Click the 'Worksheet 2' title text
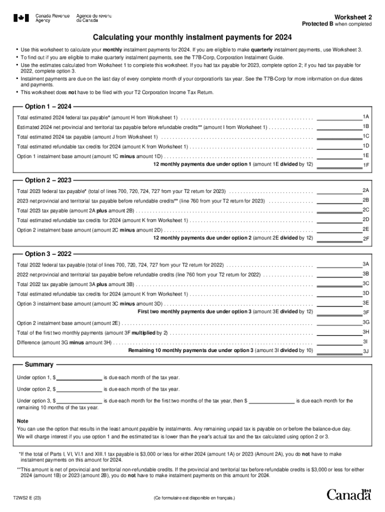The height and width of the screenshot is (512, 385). pos(353,16)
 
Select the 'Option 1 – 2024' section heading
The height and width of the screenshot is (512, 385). pos(48,106)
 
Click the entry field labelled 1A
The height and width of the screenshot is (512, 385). pos(339,117)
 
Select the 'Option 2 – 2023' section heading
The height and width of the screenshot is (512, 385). pos(48,180)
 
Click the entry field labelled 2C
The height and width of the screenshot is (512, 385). pos(339,210)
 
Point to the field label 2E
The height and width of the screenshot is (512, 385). pos(365,229)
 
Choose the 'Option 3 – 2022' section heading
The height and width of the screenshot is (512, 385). pos(48,253)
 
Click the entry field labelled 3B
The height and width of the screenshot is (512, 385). pos(339,274)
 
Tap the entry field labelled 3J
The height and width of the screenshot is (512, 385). pos(339,351)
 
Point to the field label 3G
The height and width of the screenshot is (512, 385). pos(365,322)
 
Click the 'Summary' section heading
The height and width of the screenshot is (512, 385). pos(39,364)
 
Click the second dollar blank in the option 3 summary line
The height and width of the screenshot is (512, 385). pos(271,401)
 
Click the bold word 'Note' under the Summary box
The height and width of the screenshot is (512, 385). pos(22,421)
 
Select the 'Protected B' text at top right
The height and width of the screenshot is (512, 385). pos(317,24)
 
